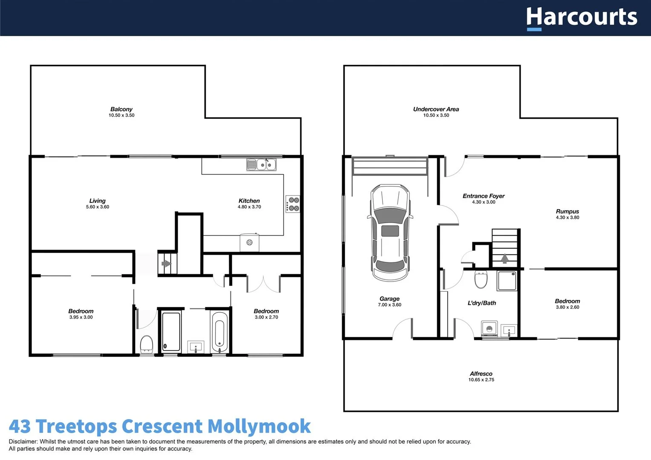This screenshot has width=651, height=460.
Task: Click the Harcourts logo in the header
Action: click(x=582, y=18)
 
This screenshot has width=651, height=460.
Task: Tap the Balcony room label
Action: click(x=121, y=109)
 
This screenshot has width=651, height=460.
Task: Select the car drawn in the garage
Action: click(x=390, y=233)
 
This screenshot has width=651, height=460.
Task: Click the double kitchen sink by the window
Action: click(x=261, y=164)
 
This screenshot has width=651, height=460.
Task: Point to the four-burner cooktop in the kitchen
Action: click(x=293, y=204)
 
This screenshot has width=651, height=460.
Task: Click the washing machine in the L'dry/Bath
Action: click(x=489, y=329)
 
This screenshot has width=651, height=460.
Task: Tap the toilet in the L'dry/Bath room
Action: click(x=481, y=279)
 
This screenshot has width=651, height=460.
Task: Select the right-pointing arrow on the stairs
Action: click(x=166, y=264)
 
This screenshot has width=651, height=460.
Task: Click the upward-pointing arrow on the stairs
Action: click(x=505, y=258)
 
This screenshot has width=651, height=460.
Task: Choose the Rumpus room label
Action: click(x=567, y=211)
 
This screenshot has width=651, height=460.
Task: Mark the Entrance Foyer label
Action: click(x=484, y=196)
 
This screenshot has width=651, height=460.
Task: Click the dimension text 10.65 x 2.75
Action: click(x=481, y=380)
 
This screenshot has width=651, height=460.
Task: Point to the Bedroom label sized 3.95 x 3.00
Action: click(x=81, y=311)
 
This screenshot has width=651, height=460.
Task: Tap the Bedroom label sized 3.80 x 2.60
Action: click(x=567, y=301)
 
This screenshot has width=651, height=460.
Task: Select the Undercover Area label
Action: click(x=436, y=109)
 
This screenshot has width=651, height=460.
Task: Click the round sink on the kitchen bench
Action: click(x=250, y=242)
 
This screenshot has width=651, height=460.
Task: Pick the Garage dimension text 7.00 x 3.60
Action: click(x=389, y=305)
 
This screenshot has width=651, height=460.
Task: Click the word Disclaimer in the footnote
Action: click(x=23, y=442)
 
